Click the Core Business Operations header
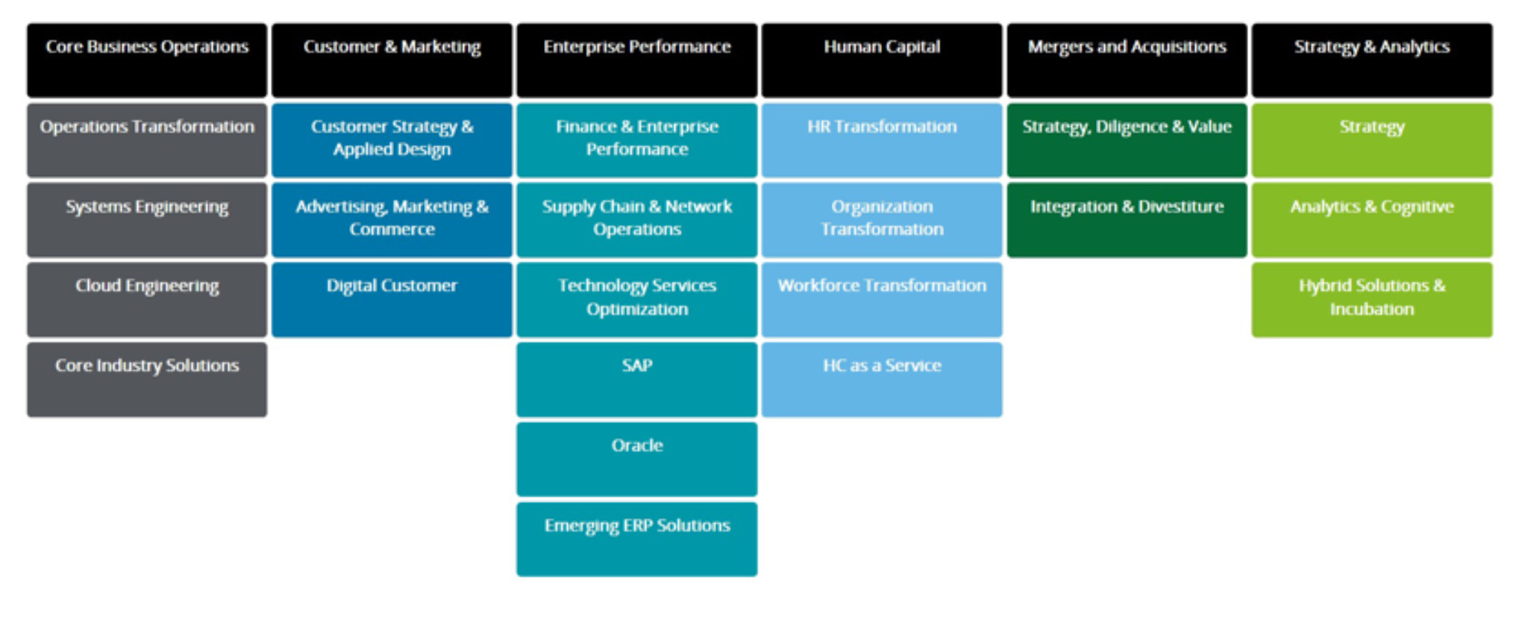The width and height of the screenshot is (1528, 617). click(147, 60)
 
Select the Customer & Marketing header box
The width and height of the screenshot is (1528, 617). click(392, 60)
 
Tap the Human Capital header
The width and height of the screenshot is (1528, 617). click(882, 60)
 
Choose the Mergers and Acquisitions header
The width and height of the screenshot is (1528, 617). click(1127, 60)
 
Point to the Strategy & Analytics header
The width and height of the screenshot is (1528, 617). click(1371, 60)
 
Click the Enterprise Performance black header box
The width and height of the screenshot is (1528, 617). click(636, 60)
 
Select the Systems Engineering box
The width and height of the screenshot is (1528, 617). click(147, 220)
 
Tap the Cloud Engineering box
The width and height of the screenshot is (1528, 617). click(147, 299)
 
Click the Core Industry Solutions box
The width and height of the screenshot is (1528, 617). click(147, 379)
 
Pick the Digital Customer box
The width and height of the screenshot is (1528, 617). click(392, 299)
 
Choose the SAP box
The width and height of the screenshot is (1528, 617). click(636, 379)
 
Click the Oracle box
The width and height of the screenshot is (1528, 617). click(636, 459)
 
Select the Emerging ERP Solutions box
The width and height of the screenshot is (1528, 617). click(636, 539)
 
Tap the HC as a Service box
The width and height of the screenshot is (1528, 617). click(882, 379)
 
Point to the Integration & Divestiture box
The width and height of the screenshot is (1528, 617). click(1127, 220)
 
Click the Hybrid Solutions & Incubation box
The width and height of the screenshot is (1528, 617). click(1371, 299)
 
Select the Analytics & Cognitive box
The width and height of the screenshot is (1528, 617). click(1371, 220)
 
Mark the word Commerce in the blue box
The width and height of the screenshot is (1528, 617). click(392, 230)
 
